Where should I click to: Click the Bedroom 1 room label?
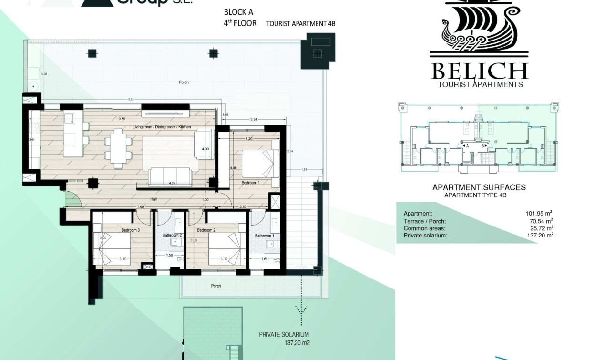[x=251, y=183]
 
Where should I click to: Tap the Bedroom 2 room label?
[x=206, y=230]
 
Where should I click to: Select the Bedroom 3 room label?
[x=131, y=230]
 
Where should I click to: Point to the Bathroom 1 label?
[x=264, y=236]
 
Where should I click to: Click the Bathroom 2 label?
[x=172, y=236]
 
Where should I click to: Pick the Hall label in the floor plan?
[x=154, y=199]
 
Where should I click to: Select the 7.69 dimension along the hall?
[x=141, y=207]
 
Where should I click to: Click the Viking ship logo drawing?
[x=479, y=26]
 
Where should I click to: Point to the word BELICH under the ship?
[x=480, y=71]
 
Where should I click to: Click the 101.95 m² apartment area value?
[x=539, y=214]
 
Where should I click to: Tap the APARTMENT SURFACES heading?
[x=479, y=187]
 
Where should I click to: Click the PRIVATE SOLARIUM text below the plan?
[x=284, y=335]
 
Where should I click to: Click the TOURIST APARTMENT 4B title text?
[x=300, y=24]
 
